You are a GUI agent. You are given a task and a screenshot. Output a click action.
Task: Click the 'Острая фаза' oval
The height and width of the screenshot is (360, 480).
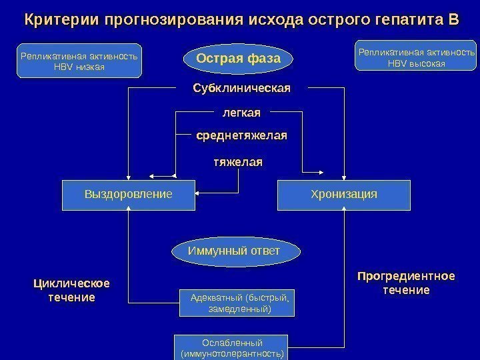(238, 59)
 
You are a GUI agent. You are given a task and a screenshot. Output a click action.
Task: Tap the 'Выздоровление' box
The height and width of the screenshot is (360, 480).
(128, 194)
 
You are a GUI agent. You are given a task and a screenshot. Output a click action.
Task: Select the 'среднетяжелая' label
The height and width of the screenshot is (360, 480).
(241, 135)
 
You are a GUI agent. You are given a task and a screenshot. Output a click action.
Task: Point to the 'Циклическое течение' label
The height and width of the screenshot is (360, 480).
(71, 290)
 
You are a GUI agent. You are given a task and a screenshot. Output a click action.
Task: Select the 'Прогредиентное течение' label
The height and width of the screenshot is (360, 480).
(406, 283)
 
